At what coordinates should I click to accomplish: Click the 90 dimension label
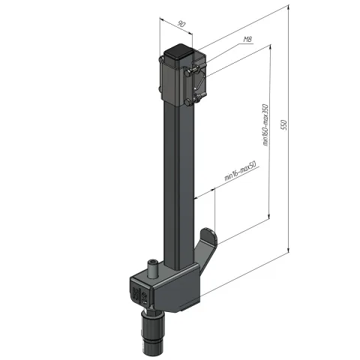[x=181, y=25]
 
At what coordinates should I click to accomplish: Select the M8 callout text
[x=247, y=39]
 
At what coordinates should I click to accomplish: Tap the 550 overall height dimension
[x=284, y=125]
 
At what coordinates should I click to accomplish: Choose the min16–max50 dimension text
[x=240, y=171]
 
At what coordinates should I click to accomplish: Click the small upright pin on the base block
[x=151, y=268]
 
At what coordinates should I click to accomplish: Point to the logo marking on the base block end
[x=141, y=295]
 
